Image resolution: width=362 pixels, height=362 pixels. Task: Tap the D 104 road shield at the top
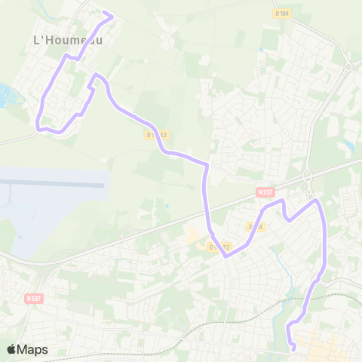tap(282, 13)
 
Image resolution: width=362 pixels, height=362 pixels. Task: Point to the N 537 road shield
tap(33, 298)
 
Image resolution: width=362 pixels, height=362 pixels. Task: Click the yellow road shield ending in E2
tap(158, 135)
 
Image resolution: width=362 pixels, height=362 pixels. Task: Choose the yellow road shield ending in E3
tap(219, 247)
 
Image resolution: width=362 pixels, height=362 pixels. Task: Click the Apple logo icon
tap(11, 349)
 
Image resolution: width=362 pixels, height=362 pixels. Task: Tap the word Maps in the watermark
tap(32, 349)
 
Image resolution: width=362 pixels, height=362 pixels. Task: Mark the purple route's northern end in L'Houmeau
tap(112, 15)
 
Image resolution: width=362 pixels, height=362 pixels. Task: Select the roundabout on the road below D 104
tap(348, 66)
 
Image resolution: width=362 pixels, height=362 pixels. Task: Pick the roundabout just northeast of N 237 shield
tap(308, 176)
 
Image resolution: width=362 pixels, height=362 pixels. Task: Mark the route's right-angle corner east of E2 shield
tap(206, 164)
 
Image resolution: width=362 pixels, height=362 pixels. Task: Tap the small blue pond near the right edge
tap(349, 144)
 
